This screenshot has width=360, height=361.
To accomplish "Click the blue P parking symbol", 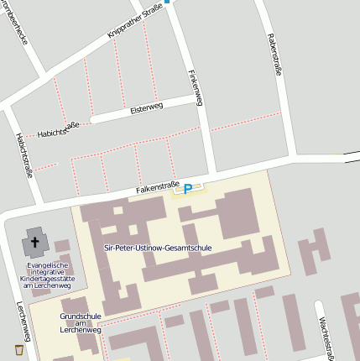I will click(x=188, y=190).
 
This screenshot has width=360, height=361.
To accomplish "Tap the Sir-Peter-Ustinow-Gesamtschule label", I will click(x=158, y=249).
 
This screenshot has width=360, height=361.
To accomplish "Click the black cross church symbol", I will click(x=35, y=244).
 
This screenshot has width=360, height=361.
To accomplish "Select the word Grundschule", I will click(x=81, y=317).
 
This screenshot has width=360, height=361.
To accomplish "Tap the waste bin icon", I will click(x=19, y=348).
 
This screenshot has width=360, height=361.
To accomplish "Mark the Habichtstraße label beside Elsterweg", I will click(x=59, y=130).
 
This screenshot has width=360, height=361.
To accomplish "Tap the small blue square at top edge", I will click(x=167, y=2).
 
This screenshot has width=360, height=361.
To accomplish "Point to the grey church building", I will click(x=35, y=243).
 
